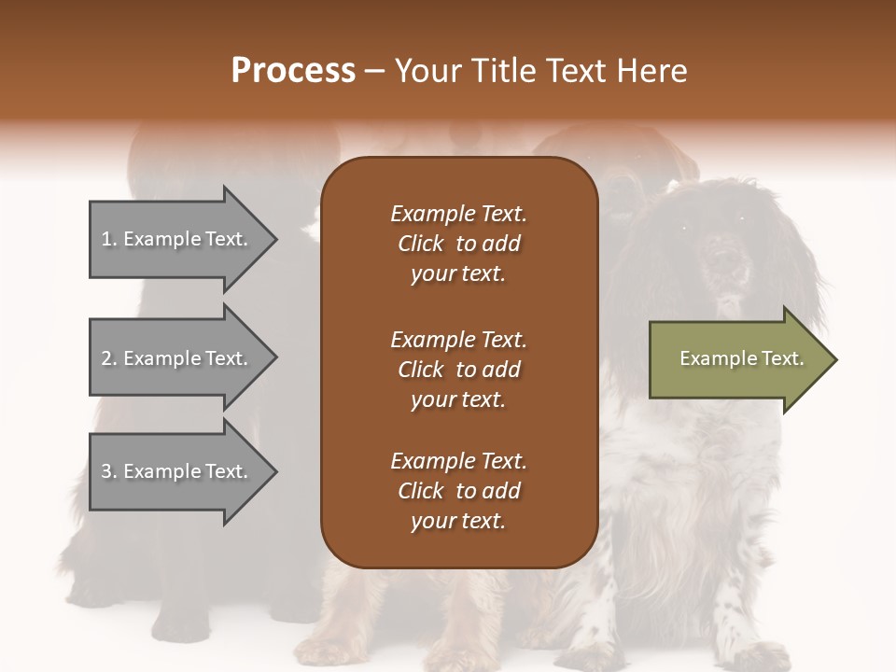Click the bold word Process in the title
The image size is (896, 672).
[293, 70]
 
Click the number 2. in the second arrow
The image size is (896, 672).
[109, 358]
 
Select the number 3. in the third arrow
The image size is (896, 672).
[109, 471]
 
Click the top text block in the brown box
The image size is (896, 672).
[458, 244]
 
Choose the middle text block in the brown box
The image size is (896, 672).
[458, 369]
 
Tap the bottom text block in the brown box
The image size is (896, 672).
[458, 491]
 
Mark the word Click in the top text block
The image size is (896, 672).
[421, 244]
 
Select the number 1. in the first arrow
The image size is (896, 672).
[108, 239]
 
